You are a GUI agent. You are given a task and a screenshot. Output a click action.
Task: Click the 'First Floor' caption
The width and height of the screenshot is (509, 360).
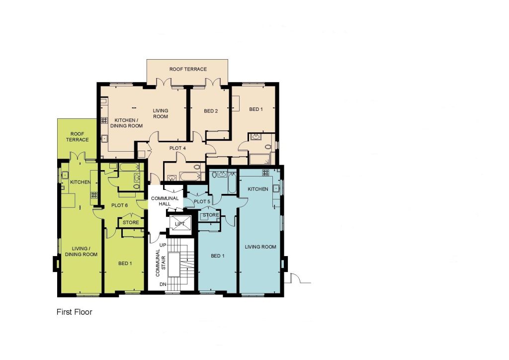75,312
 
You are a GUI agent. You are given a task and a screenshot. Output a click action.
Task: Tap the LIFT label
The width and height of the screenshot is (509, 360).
180,224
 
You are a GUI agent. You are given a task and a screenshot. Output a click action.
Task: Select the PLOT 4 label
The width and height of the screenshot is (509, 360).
177,148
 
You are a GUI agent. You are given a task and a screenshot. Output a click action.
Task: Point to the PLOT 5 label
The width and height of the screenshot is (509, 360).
202,201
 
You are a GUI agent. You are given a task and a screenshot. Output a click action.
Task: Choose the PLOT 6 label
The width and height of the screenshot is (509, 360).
119,205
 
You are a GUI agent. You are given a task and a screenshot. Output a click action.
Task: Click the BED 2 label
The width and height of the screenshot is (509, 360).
211,111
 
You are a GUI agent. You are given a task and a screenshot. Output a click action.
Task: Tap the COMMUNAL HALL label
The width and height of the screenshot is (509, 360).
165,201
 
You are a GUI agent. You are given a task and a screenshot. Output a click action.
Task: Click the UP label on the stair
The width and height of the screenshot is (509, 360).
163,245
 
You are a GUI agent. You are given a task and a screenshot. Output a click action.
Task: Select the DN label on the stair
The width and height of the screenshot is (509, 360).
163,284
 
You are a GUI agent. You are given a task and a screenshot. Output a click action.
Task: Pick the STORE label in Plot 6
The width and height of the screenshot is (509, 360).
131,222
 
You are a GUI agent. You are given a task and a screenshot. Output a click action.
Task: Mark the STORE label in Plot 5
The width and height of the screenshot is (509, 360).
211,215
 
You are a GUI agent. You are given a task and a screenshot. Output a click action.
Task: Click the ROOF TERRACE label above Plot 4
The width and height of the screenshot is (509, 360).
188,69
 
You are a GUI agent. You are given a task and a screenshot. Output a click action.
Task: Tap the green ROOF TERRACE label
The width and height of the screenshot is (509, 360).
77,137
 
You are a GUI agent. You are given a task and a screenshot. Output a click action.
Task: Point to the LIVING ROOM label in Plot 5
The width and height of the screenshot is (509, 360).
260,247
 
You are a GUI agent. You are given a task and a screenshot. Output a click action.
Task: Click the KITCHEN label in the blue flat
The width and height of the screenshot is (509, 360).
258,189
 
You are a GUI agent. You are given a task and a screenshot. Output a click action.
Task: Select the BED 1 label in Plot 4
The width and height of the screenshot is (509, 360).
256,109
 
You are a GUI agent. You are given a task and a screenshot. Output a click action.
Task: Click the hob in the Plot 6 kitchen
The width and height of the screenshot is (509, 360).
94,195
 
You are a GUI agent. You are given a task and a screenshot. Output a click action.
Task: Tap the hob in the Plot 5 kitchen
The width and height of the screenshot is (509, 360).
266,173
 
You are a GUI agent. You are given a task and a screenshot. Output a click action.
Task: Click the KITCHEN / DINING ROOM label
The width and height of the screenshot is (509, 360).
126,123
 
